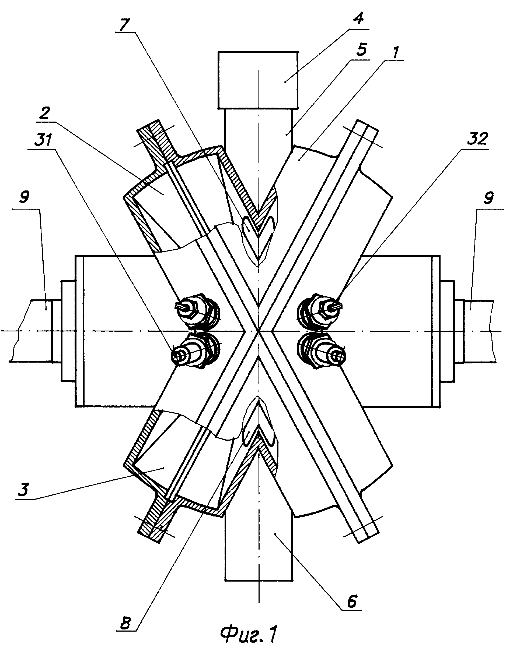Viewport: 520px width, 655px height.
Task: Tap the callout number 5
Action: point(361,49)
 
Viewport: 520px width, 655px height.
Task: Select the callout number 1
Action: point(395,52)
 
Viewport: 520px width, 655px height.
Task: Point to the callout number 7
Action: point(124,24)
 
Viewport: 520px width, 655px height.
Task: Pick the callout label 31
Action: point(43,140)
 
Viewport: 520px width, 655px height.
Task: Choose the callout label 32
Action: point(477,139)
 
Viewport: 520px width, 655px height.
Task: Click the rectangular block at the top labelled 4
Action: point(258,80)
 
